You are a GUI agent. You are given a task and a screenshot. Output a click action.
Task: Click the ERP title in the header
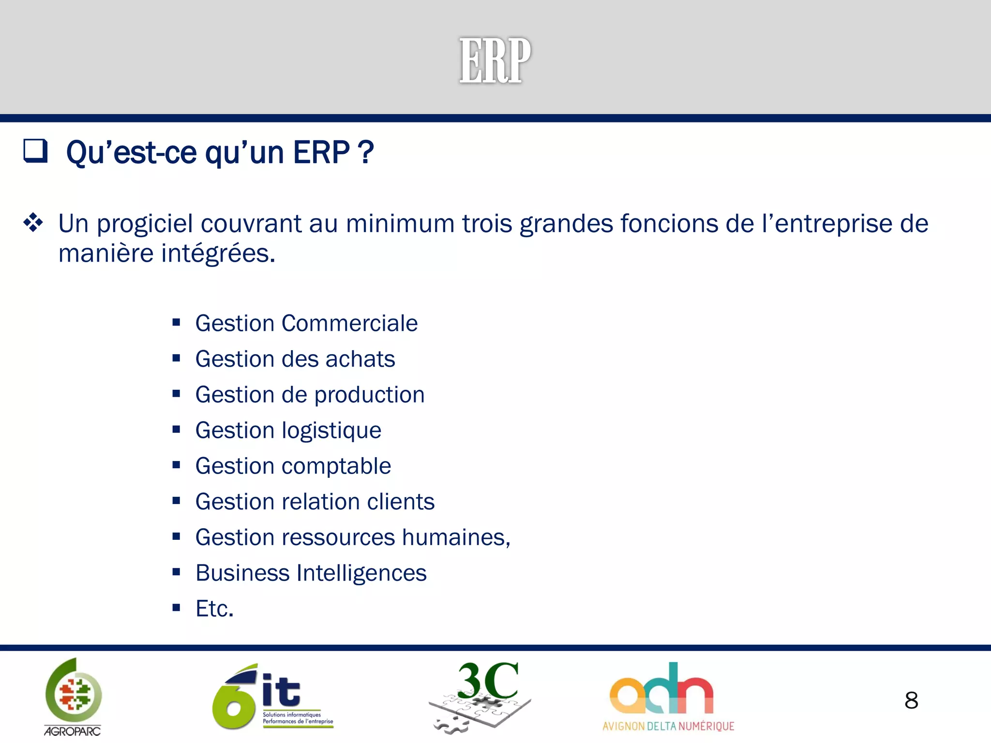point(495,61)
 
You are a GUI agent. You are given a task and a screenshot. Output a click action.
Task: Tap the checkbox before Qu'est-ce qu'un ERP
point(35,151)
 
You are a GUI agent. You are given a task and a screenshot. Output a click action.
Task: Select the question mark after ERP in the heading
point(366,152)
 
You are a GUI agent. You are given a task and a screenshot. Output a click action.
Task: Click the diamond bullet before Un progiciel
point(33,223)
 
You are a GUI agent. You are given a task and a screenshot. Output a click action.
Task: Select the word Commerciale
point(349,323)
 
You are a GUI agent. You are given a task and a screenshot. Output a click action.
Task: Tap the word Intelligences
point(361,573)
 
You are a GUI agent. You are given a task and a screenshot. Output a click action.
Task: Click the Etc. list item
point(214,609)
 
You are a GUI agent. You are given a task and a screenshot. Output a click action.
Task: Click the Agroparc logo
point(73,697)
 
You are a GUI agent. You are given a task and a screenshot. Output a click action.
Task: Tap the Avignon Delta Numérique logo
point(668,697)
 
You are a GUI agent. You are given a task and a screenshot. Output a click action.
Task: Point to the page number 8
point(911,700)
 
